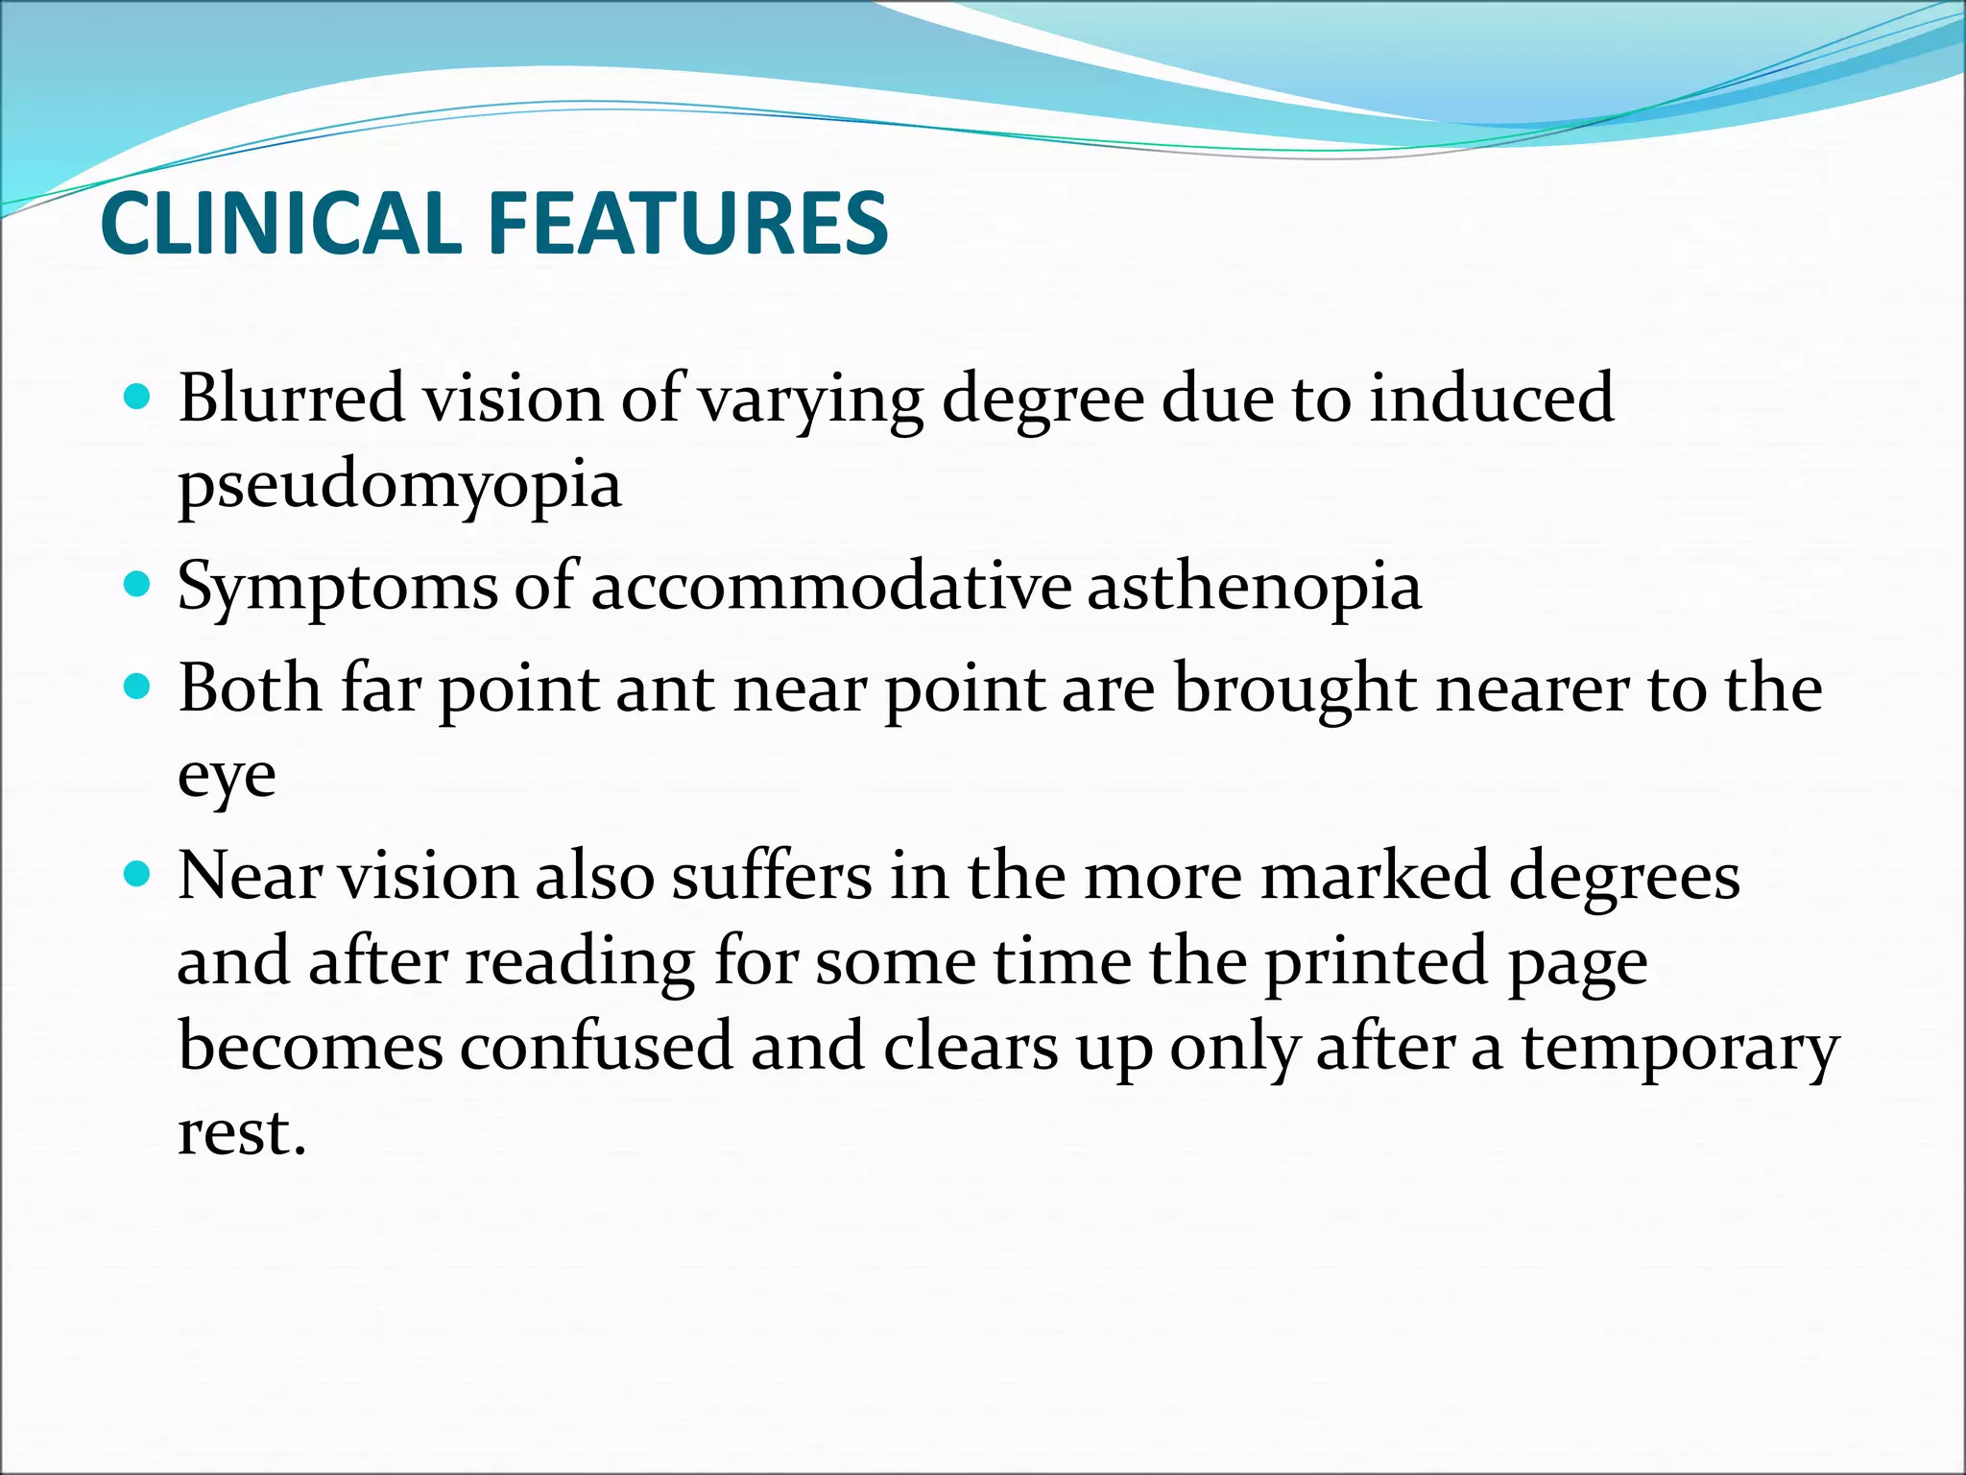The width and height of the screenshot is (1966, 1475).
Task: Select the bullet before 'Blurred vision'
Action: click(138, 396)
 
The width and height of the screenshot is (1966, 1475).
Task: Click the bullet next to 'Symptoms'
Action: click(138, 584)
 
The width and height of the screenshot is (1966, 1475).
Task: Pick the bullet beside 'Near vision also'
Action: click(138, 874)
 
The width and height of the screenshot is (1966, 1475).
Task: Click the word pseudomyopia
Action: click(399, 486)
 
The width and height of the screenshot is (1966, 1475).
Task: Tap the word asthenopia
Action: click(1254, 586)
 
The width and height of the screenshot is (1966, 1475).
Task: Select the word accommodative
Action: click(830, 586)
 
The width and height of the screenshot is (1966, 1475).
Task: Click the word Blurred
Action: click(291, 398)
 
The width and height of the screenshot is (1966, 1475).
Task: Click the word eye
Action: click(227, 776)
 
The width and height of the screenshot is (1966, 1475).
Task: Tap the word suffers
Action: click(771, 876)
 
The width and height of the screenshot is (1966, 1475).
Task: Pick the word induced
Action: click(1491, 398)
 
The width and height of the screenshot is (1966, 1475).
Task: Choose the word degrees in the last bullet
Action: click(1623, 878)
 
